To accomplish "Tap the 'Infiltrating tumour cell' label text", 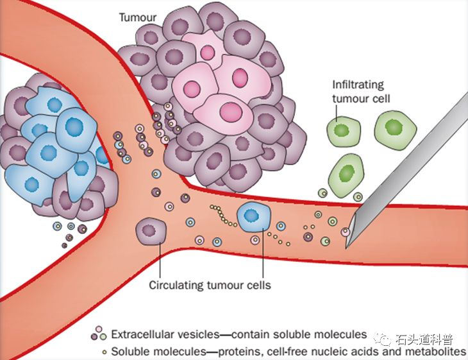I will tap(362, 91).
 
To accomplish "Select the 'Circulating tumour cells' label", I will tap(210, 285).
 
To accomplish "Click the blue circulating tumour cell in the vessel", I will tap(255, 217).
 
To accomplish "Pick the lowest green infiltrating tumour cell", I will tap(346, 174).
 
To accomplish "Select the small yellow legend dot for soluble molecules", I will tap(104, 352).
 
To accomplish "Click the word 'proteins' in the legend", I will tap(242, 352).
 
